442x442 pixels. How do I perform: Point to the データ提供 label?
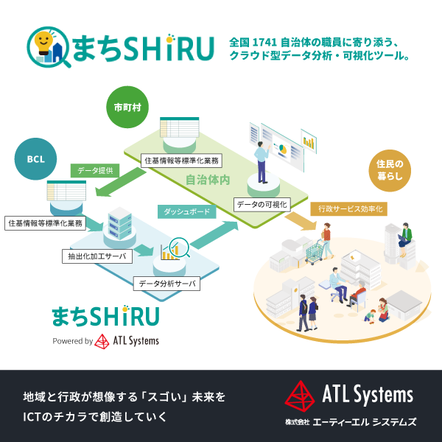pos(96,170)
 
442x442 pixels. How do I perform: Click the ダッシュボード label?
pos(186,212)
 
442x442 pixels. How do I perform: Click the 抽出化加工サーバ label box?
pos(94,256)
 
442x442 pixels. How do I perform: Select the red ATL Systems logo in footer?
pos(300,396)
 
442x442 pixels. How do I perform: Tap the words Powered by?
pos(72,341)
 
